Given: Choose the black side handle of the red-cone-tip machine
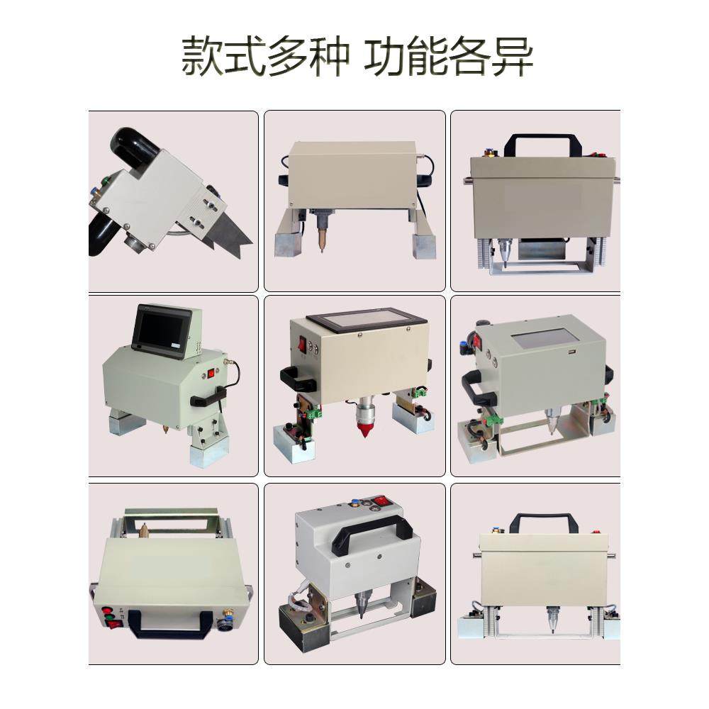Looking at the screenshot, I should pos(297,379).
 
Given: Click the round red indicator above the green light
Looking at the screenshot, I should pos(107,612).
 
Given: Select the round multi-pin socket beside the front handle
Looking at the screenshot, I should pos(227,627).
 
